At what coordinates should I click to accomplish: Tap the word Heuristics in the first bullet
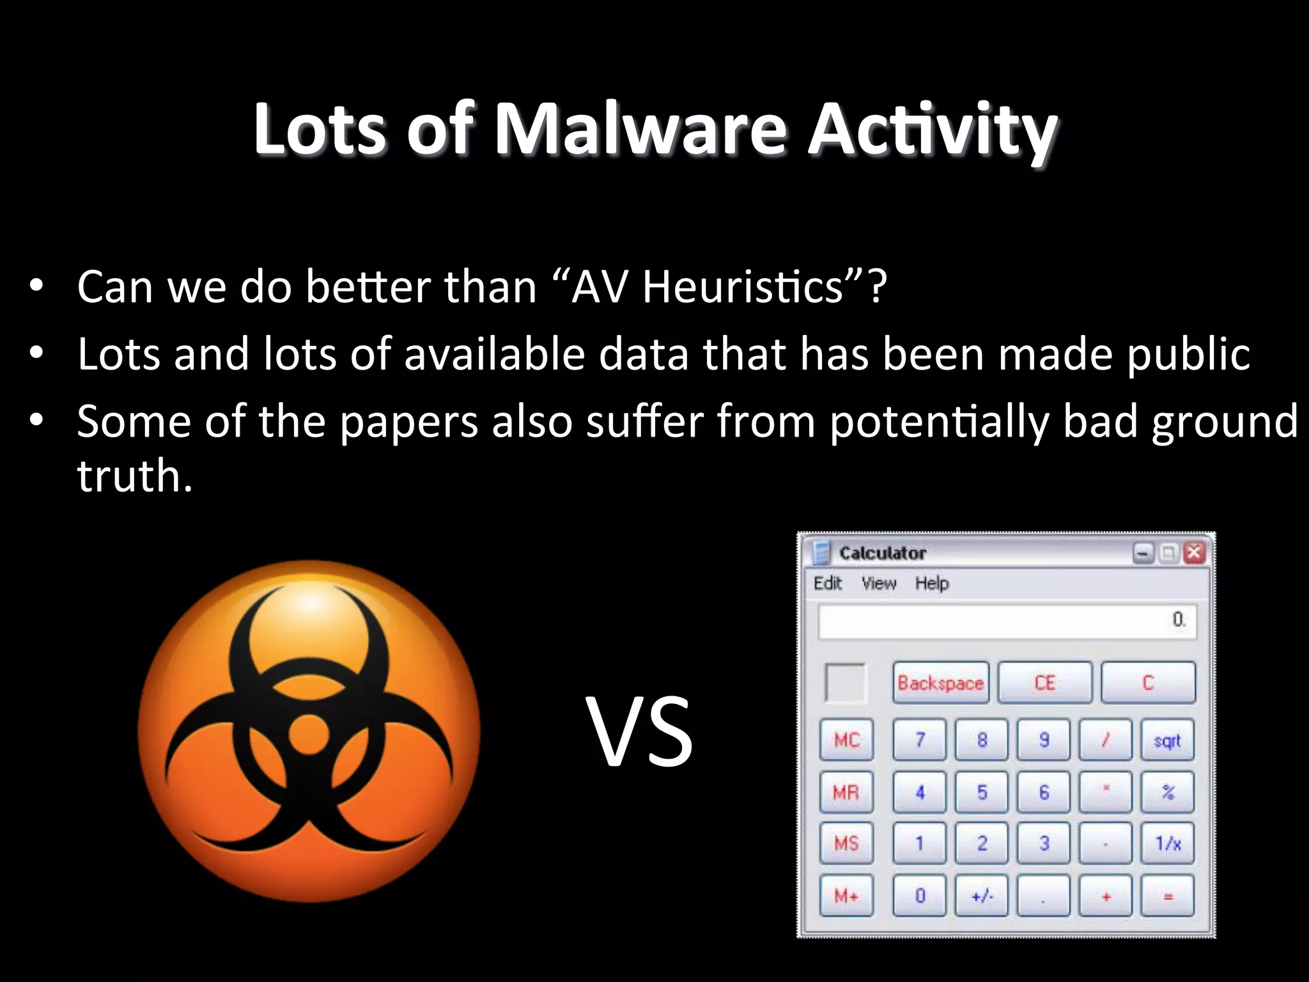point(741,287)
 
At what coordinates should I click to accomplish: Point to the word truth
point(134,476)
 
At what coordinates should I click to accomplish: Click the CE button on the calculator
point(1045,683)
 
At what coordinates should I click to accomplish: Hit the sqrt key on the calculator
point(1168,740)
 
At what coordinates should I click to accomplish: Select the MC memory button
point(846,740)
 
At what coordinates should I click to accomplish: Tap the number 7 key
point(920,740)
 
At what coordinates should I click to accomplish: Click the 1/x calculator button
point(1168,844)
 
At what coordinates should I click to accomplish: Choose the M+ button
point(846,896)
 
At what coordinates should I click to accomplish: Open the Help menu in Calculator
point(931,583)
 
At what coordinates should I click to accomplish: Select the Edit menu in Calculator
point(827,583)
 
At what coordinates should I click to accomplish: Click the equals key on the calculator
point(1168,896)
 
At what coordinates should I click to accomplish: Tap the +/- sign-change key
point(982,896)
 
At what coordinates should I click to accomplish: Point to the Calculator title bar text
point(882,553)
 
